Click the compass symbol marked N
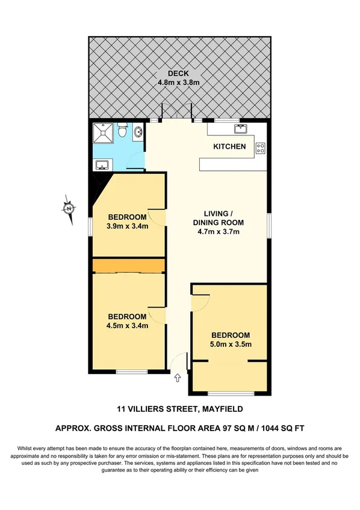click(x=69, y=208)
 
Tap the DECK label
click(x=179, y=74)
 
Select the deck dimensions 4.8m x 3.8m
click(x=179, y=83)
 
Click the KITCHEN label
click(x=229, y=146)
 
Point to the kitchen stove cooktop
click(x=261, y=147)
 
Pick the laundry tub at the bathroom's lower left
click(x=101, y=164)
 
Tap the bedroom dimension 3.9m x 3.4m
click(x=127, y=226)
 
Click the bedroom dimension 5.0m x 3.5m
click(x=229, y=344)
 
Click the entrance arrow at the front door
click(x=178, y=379)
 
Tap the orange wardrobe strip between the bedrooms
click(x=128, y=266)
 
